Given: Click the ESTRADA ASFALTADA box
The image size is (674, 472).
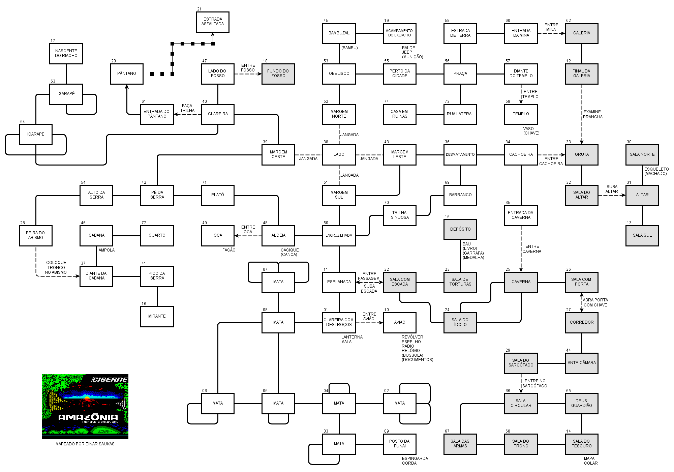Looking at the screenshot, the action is click(x=213, y=22).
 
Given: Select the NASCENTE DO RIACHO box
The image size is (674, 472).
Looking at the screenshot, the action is click(x=66, y=54).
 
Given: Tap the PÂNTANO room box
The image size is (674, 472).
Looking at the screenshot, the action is click(x=127, y=74).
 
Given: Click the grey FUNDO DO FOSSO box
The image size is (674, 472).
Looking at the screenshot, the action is click(x=278, y=74).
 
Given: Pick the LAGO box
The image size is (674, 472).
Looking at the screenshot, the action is click(x=339, y=155).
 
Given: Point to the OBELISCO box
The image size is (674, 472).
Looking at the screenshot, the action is click(x=339, y=74).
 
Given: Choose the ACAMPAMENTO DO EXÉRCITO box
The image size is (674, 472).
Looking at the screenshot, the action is click(x=400, y=33).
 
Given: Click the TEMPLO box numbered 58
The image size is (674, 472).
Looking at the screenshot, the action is click(x=521, y=114).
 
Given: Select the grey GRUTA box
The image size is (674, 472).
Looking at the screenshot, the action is click(x=582, y=155).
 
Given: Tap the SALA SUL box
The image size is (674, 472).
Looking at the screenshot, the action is click(x=642, y=236).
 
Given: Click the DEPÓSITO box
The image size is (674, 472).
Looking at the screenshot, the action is click(x=460, y=230).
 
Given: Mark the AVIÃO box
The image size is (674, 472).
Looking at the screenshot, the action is click(x=400, y=323).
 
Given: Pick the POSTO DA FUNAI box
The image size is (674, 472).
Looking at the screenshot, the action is click(x=400, y=444).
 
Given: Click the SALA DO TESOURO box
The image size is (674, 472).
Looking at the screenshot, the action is click(x=582, y=444).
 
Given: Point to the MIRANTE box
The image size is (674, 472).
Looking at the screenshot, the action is click(x=157, y=317).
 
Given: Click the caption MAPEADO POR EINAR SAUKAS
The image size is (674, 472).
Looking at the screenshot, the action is click(x=85, y=444).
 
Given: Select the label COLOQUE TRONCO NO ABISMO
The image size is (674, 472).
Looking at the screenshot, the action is click(x=56, y=267).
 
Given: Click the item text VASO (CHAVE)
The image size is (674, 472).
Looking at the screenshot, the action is click(x=531, y=131).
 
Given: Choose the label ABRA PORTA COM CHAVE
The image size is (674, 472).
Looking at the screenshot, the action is click(x=595, y=302).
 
